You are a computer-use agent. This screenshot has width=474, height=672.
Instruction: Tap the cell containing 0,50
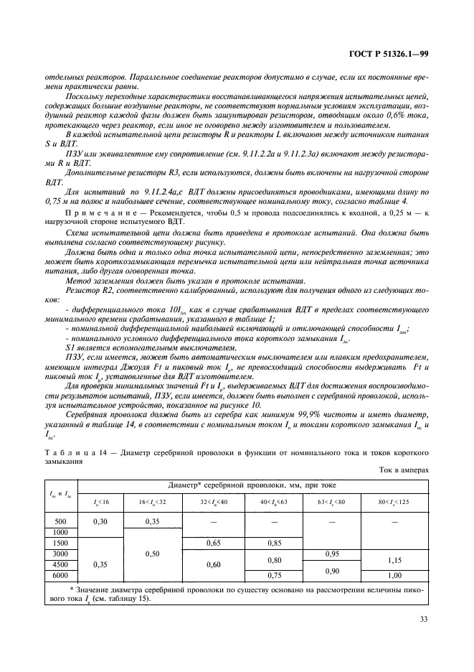coord(152,554)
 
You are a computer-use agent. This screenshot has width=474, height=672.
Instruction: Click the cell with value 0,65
coord(214,543)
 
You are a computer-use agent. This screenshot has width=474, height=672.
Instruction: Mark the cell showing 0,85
coord(274,543)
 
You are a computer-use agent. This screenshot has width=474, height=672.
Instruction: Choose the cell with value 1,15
coord(395,559)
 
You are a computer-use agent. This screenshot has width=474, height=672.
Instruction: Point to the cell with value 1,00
coord(395,575)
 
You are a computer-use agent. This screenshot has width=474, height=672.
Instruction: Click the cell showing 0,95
coord(333,554)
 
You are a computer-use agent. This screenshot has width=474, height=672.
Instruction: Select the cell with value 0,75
coord(274,575)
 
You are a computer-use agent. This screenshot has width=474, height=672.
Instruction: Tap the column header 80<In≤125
coord(395,500)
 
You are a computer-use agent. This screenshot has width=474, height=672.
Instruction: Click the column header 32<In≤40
coord(214,500)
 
